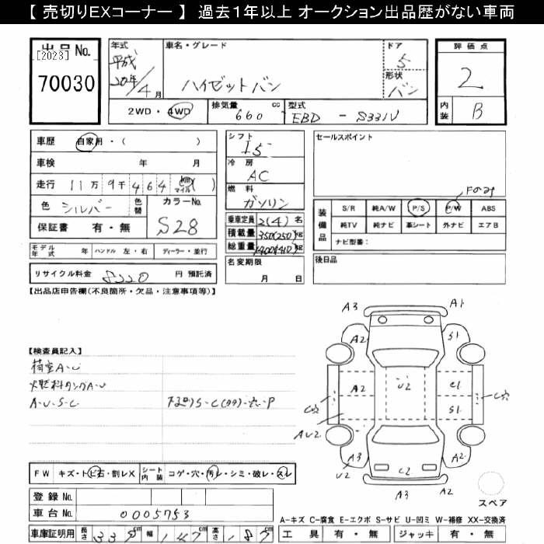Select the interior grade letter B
pyautogui.click(x=476, y=112)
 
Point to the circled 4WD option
pyautogui.click(x=183, y=111)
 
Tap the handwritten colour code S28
pyautogui.click(x=177, y=227)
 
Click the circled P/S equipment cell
pyautogui.click(x=419, y=207)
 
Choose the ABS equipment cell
pyautogui.click(x=488, y=207)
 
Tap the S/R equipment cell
pyautogui.click(x=348, y=207)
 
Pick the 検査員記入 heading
pyautogui.click(x=57, y=351)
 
